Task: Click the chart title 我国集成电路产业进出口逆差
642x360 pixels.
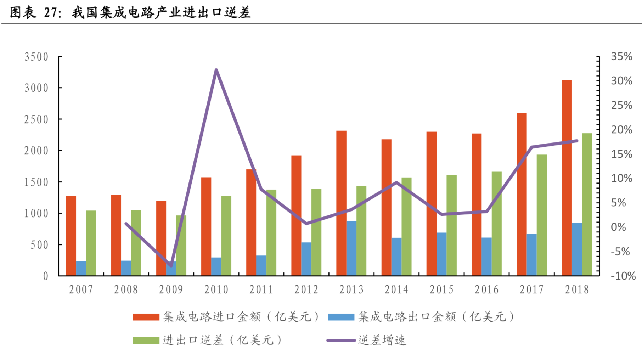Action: click(161, 13)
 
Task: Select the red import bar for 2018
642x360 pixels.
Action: click(567, 177)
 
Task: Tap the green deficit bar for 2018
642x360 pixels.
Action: click(587, 204)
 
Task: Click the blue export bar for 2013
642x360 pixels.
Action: click(351, 248)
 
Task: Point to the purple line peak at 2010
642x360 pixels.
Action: click(216, 70)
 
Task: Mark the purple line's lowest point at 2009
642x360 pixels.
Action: click(171, 265)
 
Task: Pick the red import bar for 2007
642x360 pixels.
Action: click(71, 236)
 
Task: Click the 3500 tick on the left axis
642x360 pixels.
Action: click(36, 57)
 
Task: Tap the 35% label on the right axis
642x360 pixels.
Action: click(621, 56)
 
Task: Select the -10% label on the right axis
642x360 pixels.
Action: click(623, 276)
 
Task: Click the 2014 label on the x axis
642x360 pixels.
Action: click(396, 289)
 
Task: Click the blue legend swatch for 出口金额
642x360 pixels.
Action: click(341, 317)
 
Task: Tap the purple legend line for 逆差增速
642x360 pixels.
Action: click(341, 341)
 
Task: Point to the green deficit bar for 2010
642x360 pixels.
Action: click(226, 236)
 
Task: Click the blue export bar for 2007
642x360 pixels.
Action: click(81, 268)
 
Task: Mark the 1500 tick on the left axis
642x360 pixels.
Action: click(36, 182)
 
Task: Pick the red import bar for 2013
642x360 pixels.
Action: click(341, 203)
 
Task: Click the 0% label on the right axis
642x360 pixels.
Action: click(618, 227)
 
